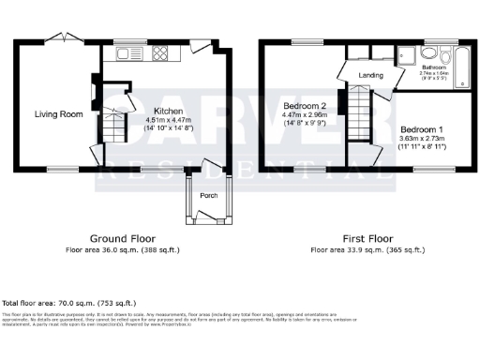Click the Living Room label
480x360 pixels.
[59, 114]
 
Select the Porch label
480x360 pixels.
[209, 197]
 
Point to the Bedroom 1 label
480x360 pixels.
[421, 127]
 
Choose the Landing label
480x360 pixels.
[370, 75]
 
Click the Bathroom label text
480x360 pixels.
[433, 67]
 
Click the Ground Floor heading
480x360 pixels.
[123, 239]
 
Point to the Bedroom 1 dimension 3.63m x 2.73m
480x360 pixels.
[422, 139]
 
